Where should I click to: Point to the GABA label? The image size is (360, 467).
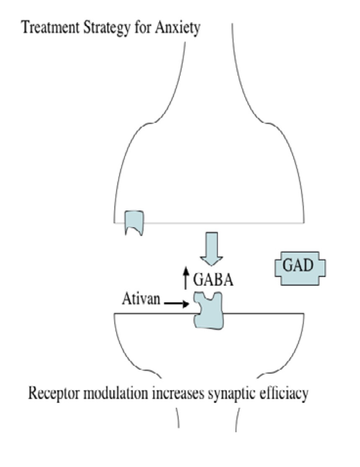pyautogui.click(x=213, y=279)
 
